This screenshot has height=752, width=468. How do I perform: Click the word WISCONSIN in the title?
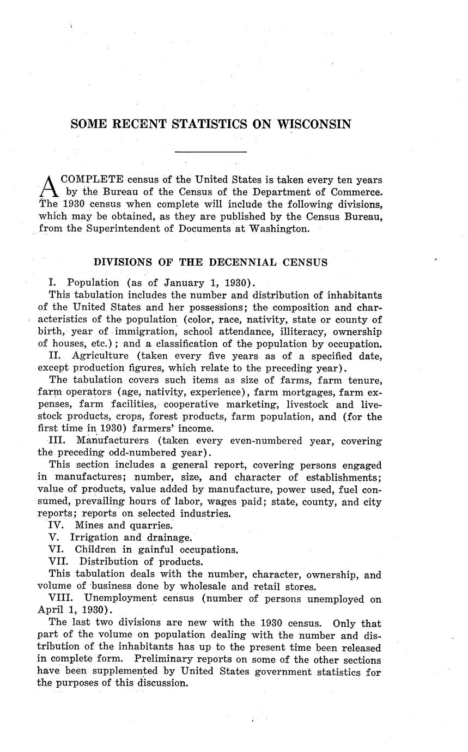pyautogui.click(x=314, y=124)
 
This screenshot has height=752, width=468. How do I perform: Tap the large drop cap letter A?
pyautogui.click(x=48, y=186)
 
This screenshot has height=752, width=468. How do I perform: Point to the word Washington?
pyautogui.click(x=278, y=228)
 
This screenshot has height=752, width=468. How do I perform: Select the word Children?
pyautogui.click(x=97, y=550)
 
